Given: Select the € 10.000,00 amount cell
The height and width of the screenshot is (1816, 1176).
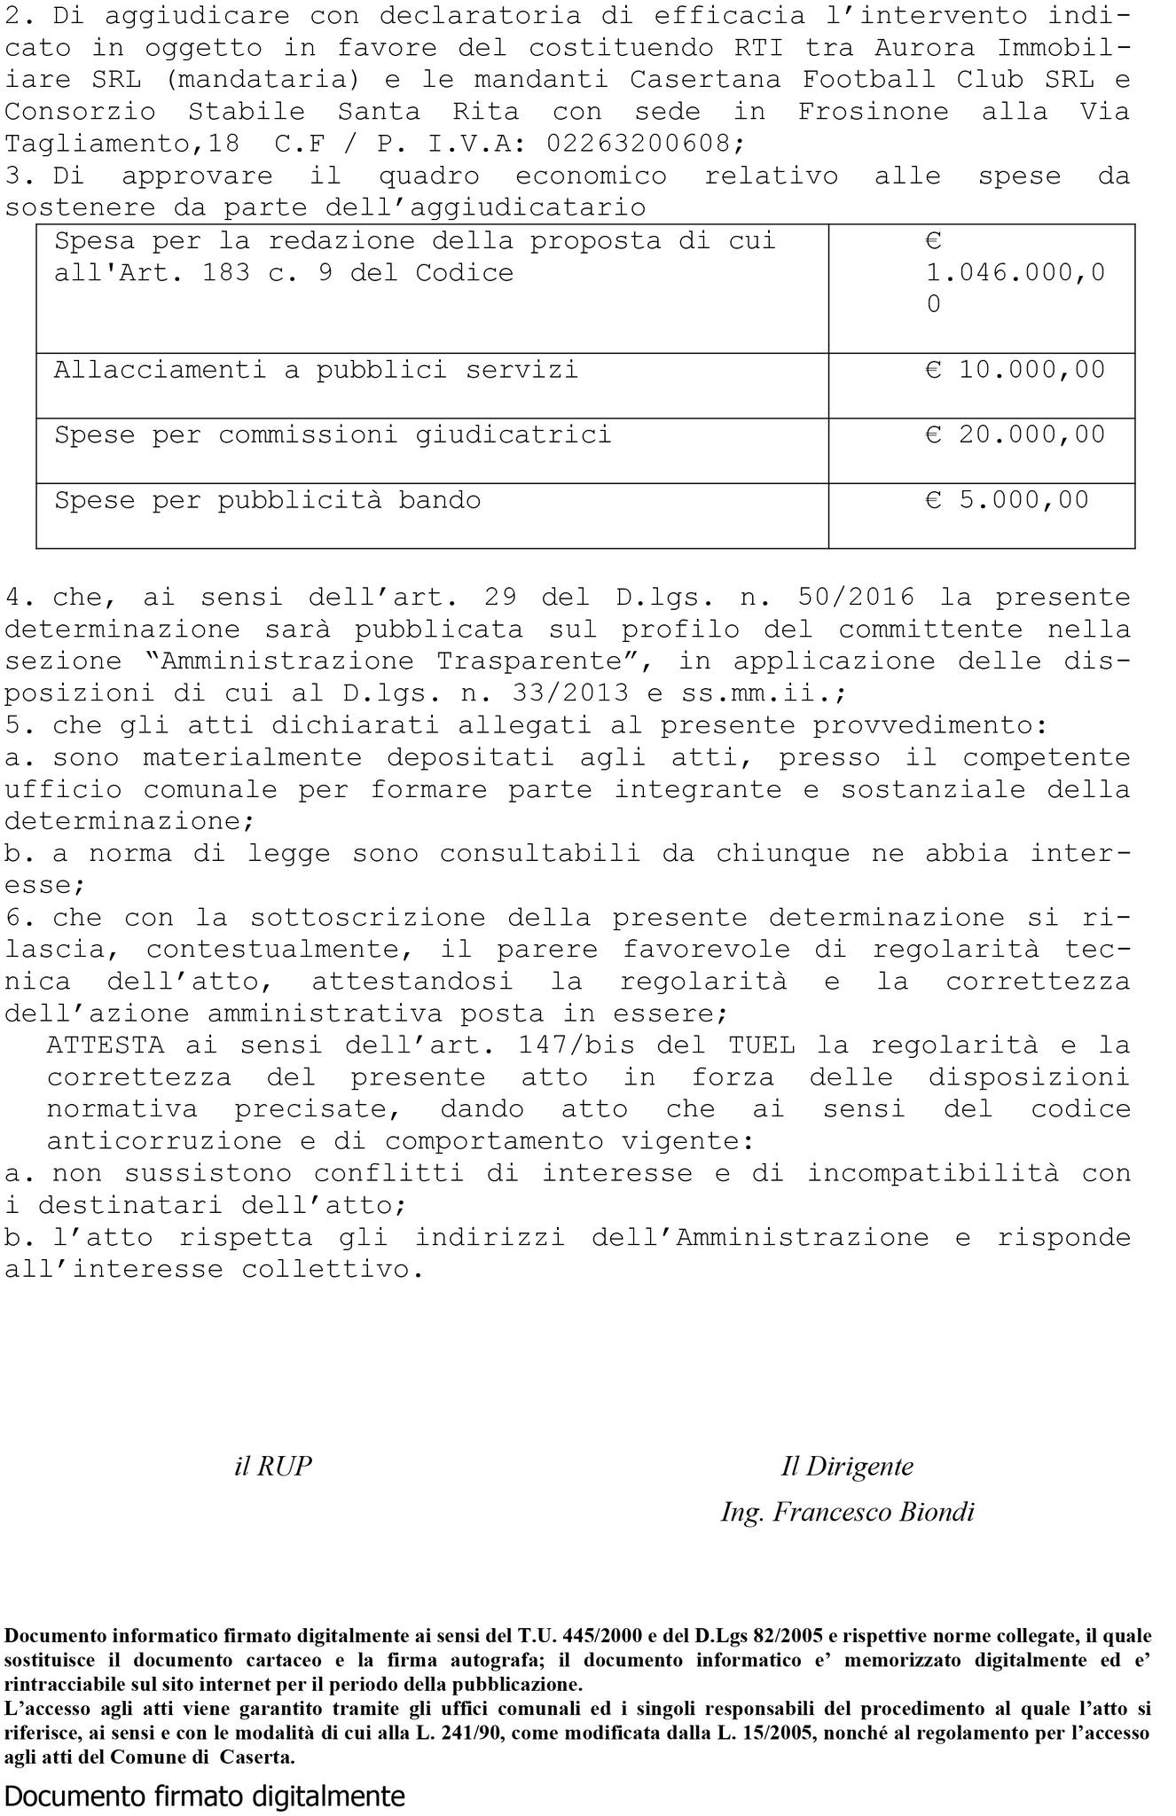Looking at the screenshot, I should (1015, 370).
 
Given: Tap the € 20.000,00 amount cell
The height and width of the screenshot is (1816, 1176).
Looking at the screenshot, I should (1015, 434).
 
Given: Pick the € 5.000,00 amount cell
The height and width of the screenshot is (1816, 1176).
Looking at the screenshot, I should (1007, 500).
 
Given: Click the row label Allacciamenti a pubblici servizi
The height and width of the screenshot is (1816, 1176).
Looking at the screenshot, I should (316, 370).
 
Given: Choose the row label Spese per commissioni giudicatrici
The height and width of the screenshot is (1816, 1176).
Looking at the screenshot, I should (333, 434).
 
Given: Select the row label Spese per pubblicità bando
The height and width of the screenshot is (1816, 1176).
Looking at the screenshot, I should (267, 500).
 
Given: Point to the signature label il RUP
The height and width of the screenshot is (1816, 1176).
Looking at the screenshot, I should (273, 1467).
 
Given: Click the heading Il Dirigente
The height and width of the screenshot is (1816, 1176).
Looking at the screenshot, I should (847, 1467).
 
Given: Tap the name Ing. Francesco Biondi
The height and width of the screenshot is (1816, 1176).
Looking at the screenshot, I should (847, 1512).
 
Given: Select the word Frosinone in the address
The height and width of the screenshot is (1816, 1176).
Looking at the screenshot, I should (873, 112).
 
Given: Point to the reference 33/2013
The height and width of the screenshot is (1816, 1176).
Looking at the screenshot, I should (571, 693).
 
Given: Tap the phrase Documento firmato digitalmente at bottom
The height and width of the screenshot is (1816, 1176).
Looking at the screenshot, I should (205, 1796).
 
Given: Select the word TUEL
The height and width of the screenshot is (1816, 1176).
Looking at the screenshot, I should (761, 1045).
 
